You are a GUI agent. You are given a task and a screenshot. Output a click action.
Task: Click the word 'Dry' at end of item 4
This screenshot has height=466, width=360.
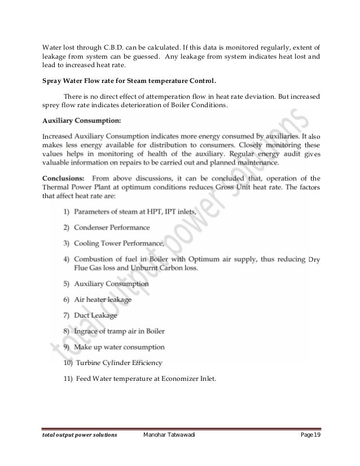(x=314, y=259)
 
